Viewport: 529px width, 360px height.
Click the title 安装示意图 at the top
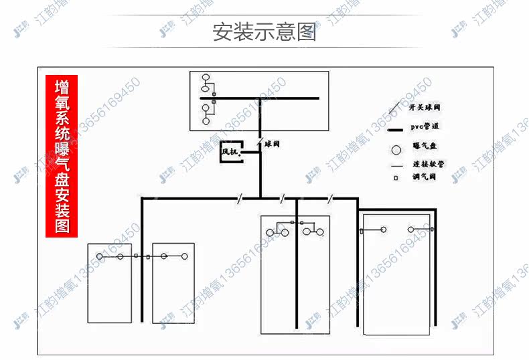264,31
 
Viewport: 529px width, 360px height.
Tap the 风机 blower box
230,152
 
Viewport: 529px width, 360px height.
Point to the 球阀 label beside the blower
272,143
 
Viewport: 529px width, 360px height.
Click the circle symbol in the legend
396,148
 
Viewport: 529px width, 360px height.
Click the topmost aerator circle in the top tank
206,78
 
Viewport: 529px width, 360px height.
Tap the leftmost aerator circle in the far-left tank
100,256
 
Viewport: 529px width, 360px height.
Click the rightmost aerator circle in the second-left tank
184,256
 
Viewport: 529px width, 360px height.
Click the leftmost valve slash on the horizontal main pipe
239,197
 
